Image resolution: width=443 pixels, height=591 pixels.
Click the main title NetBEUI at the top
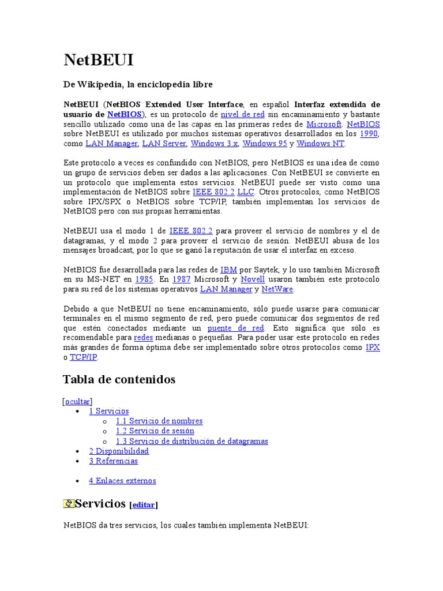coord(99,61)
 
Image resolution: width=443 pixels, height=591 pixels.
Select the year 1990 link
coord(369,134)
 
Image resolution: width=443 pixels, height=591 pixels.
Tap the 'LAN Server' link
coord(164,144)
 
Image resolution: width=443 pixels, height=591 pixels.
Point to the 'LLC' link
coord(246,192)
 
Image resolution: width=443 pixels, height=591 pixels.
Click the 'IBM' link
coord(228,270)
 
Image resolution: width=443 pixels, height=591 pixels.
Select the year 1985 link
coord(144,279)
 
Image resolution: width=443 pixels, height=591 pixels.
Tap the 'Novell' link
coord(253,279)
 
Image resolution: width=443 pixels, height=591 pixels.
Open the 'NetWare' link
coord(277,289)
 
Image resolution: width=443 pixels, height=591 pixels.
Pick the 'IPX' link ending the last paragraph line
coord(373,347)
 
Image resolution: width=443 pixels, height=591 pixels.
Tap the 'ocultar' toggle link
coord(77,401)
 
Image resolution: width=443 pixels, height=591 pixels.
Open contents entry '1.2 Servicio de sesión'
coord(155,431)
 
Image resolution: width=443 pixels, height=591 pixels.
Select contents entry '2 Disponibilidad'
coord(119,451)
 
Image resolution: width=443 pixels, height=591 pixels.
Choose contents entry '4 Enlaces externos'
coord(122,481)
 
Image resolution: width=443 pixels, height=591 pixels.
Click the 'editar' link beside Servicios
coord(144,505)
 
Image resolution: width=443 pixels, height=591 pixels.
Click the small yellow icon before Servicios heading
coord(69,504)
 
